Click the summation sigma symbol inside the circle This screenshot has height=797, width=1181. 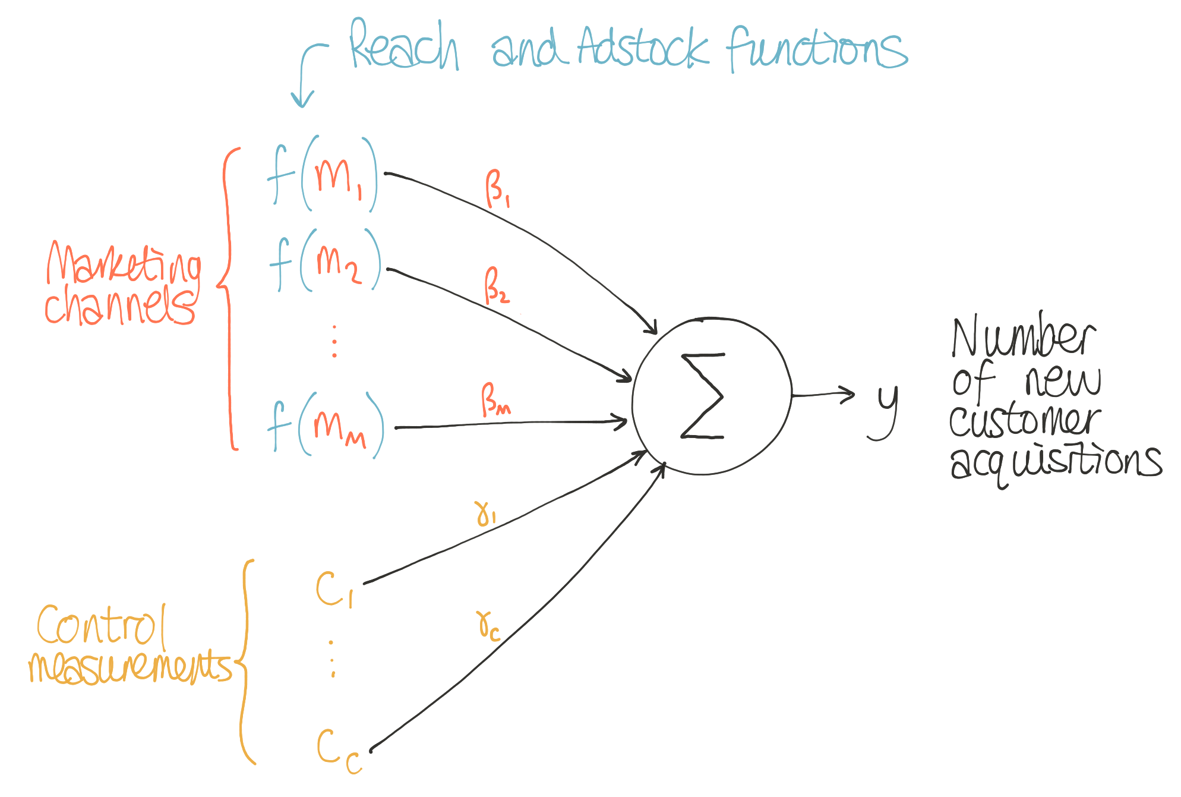click(703, 396)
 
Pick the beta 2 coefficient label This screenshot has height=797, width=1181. click(496, 285)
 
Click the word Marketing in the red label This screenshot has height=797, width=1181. click(124, 262)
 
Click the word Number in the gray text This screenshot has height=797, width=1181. click(1023, 337)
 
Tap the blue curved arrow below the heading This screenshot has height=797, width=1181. click(305, 74)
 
